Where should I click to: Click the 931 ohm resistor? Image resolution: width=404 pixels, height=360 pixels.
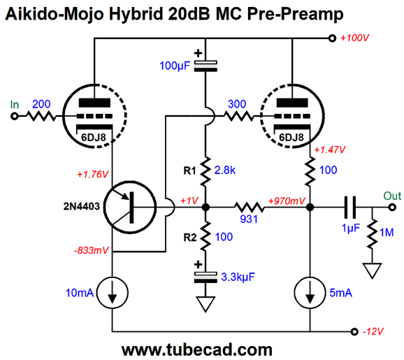point(249,207)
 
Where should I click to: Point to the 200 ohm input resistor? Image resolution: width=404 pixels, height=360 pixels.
point(41,116)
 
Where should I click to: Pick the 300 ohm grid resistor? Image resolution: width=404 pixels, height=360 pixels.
point(239,116)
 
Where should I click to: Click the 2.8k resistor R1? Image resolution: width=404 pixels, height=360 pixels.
point(205,171)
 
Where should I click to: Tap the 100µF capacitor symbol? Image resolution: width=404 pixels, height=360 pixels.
point(205,66)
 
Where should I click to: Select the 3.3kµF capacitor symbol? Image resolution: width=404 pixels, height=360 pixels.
point(205,278)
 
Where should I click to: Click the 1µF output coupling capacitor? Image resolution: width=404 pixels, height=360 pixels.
point(350,207)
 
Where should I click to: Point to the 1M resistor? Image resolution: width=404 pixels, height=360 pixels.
point(372,233)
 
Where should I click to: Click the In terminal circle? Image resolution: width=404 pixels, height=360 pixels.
point(15,116)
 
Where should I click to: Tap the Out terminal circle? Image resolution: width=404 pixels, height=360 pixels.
point(392,207)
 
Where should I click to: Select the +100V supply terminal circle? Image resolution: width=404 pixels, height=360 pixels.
point(333,38)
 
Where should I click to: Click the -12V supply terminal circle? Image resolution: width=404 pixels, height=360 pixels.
point(354,331)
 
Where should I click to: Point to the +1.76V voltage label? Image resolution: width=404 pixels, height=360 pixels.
point(93,175)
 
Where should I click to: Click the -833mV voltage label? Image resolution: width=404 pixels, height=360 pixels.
point(92,250)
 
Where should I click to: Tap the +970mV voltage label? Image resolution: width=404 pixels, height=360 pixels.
point(287,201)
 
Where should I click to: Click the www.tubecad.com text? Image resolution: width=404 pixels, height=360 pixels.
point(197,350)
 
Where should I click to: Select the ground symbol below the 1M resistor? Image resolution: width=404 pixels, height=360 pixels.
point(372,271)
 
